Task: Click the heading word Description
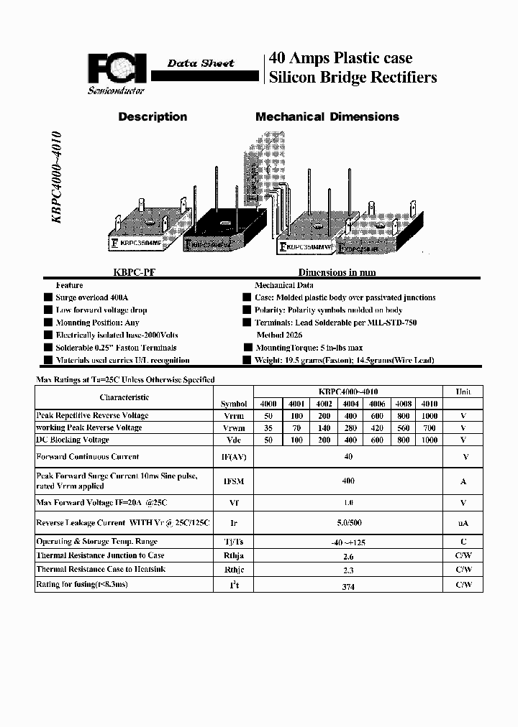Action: pyautogui.click(x=153, y=116)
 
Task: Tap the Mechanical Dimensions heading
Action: pyautogui.click(x=327, y=116)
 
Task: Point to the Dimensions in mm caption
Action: pyautogui.click(x=337, y=273)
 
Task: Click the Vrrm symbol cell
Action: pyautogui.click(x=234, y=415)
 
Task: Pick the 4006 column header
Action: pyautogui.click(x=378, y=404)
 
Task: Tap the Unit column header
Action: pyautogui.click(x=463, y=392)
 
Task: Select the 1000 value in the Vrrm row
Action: pyautogui.click(x=429, y=415)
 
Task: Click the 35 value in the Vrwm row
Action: pyautogui.click(x=268, y=427)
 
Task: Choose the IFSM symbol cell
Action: pyautogui.click(x=234, y=481)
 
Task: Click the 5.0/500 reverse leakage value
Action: pyautogui.click(x=348, y=523)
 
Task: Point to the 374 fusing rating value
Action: pyautogui.click(x=348, y=586)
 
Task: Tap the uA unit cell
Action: pyautogui.click(x=463, y=523)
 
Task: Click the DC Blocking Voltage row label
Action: pyautogui.click(x=73, y=440)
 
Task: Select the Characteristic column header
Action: pyautogui.click(x=124, y=397)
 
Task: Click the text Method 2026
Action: pyautogui.click(x=280, y=335)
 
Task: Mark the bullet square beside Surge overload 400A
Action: pyautogui.click(x=47, y=297)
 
